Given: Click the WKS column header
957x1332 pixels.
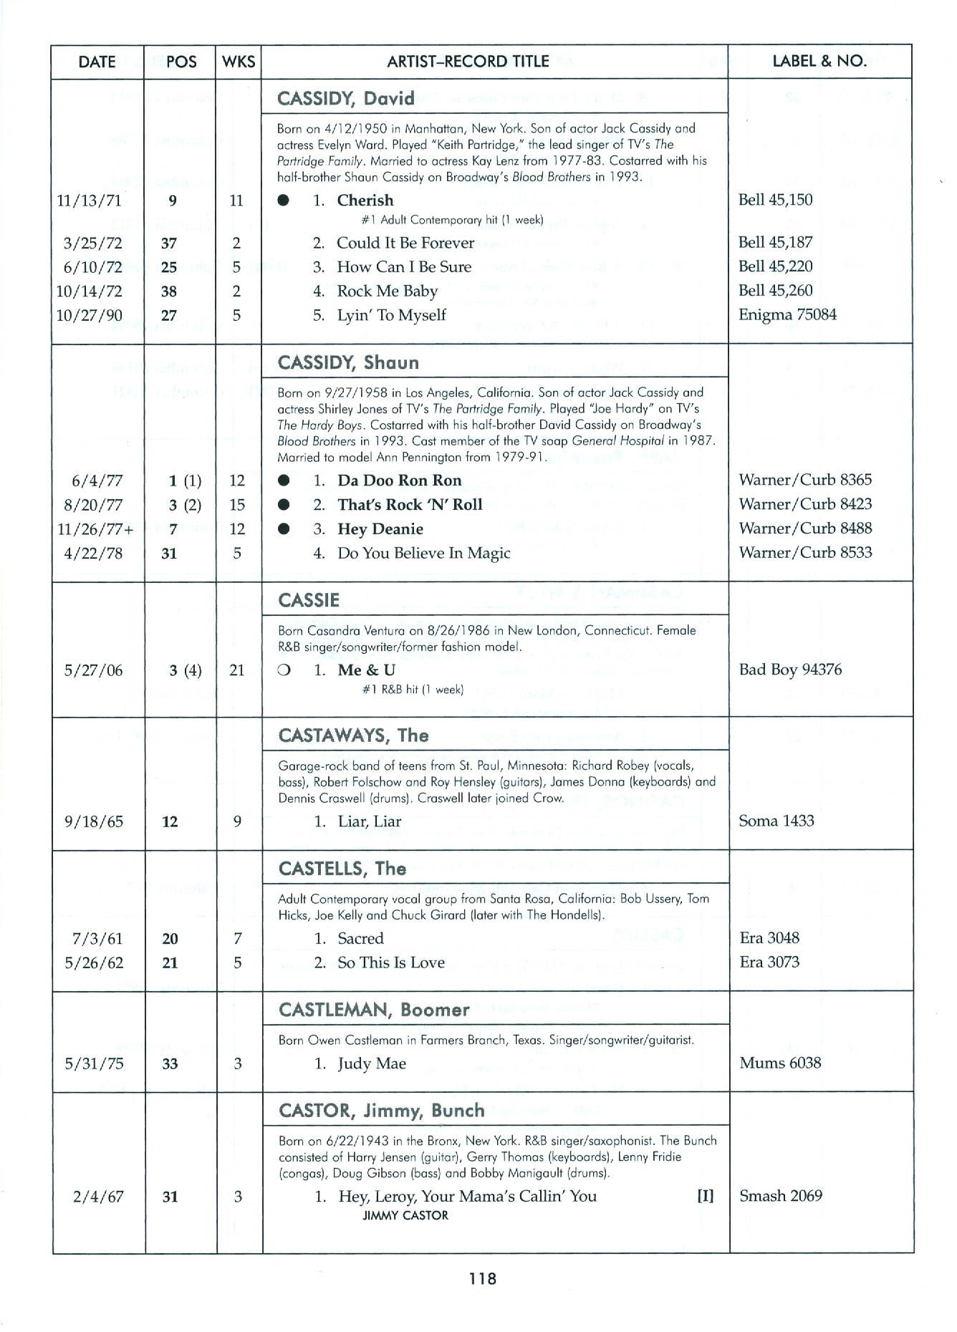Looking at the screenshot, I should click(x=239, y=62).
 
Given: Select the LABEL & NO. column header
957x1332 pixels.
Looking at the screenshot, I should click(x=819, y=62).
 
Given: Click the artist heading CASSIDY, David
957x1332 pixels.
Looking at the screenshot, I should click(x=346, y=98).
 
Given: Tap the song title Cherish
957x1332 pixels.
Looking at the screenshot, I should click(x=365, y=201).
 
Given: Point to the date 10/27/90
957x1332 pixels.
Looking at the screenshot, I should click(x=89, y=316).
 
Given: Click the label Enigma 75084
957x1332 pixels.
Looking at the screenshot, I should click(x=787, y=314).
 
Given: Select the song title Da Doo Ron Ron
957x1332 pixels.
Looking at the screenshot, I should click(x=400, y=481).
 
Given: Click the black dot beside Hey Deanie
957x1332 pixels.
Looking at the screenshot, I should click(x=284, y=529).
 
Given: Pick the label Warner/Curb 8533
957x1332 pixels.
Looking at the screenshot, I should click(x=805, y=553).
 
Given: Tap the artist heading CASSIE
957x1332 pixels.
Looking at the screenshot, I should click(x=309, y=600).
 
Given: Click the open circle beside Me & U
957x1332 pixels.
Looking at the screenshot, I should click(x=284, y=671).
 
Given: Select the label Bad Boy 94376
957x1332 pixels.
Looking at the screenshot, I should click(x=790, y=670).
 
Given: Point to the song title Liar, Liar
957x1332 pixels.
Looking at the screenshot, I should click(x=370, y=821).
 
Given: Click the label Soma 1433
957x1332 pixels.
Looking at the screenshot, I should click(x=776, y=821).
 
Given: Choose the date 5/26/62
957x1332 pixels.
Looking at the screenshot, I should click(x=93, y=963).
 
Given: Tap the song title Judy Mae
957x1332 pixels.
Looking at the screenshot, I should click(x=372, y=1064).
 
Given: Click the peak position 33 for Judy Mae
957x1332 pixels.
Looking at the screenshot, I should click(x=170, y=1064).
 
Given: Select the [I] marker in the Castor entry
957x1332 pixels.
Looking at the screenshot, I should click(x=705, y=1197).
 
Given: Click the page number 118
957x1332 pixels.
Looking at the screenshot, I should click(x=483, y=1279).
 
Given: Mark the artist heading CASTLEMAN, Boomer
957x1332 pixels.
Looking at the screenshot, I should click(x=374, y=1010).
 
